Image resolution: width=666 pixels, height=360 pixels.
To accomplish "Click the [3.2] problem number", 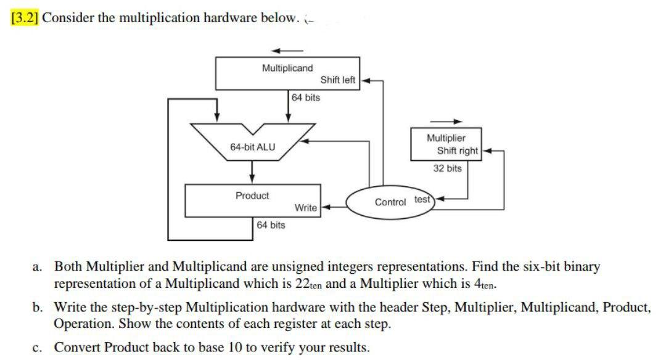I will [x=25, y=17].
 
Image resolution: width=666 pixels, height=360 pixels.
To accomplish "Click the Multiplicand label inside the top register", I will [x=287, y=68].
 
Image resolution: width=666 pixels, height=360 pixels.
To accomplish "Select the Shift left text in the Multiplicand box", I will [x=338, y=80].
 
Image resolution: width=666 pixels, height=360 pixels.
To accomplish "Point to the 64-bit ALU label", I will [x=253, y=147].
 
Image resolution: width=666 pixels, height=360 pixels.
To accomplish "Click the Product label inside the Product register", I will [x=252, y=195].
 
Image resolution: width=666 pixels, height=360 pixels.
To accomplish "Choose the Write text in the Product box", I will [x=306, y=208].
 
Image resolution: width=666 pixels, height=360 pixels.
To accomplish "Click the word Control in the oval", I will [x=390, y=202].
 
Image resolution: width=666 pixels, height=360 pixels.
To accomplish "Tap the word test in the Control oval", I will [x=422, y=199].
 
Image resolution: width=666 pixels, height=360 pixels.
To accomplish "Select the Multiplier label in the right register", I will [x=446, y=138].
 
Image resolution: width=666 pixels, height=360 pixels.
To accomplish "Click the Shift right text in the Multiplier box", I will [x=458, y=150].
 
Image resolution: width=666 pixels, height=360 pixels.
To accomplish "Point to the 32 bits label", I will [x=447, y=168].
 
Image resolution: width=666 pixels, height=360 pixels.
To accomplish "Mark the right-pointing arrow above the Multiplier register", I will [x=446, y=121].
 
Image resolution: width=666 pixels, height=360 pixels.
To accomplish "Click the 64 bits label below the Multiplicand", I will [x=306, y=97].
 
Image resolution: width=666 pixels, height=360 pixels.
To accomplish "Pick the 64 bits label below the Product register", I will [x=271, y=225].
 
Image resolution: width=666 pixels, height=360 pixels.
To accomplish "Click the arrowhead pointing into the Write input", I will [x=324, y=208].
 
